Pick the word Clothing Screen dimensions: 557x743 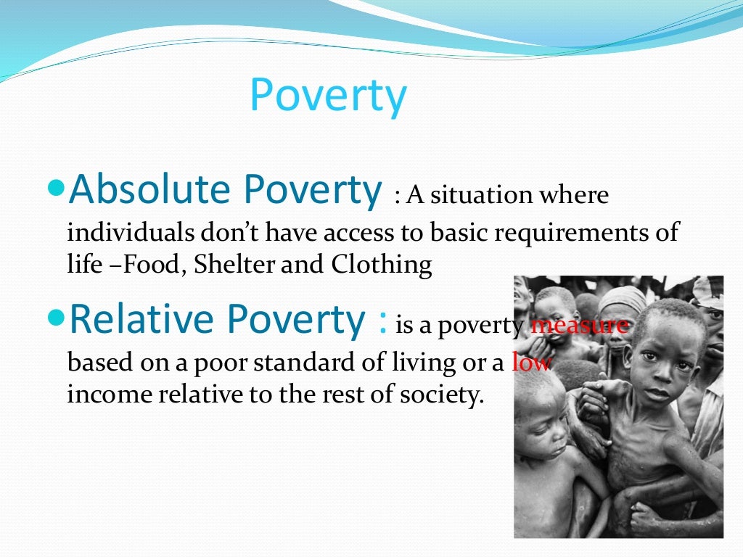click(382, 265)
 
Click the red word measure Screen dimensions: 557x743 click(579, 326)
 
